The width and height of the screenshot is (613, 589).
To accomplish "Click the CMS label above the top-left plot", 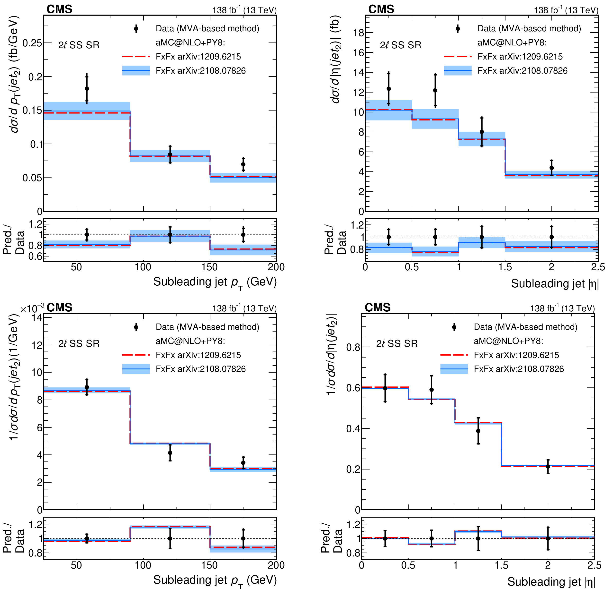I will point(59,9).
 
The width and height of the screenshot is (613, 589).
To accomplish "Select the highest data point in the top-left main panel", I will point(87,89).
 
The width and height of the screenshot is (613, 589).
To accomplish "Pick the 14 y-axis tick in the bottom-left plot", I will point(37,318).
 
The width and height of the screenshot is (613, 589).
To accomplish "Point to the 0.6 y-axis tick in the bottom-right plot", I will point(353,388).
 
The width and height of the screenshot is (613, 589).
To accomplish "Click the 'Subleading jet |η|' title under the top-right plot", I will point(555,283).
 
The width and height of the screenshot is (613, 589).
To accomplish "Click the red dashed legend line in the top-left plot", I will point(136,57).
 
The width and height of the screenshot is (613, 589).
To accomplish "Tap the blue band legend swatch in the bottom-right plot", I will point(454,369).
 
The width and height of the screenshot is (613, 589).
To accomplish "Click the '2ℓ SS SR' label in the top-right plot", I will point(400,45).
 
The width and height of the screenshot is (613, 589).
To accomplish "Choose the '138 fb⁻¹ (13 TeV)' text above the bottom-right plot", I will point(562,308).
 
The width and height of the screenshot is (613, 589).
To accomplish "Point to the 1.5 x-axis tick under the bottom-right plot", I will point(501,565).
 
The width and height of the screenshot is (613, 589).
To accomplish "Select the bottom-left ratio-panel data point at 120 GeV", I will point(170,539).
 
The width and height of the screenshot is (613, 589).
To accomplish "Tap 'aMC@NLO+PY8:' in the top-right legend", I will point(512,43).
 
